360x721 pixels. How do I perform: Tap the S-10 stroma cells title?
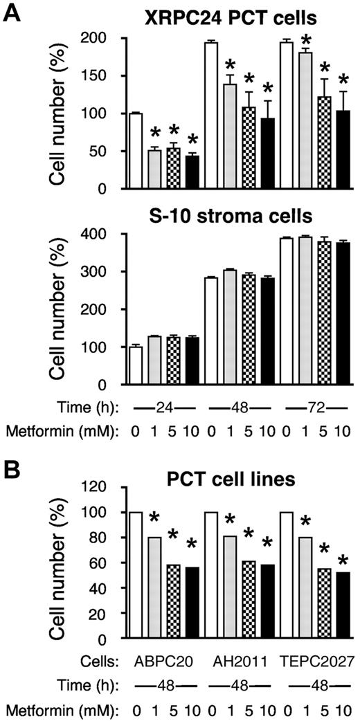pyautogui.click(x=218, y=215)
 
